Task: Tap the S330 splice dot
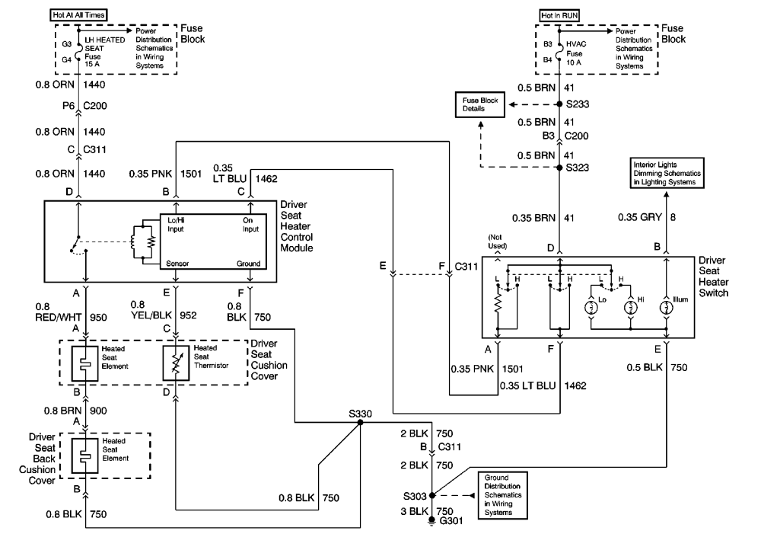(x=360, y=422)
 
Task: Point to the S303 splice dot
(x=432, y=495)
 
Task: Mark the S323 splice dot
(x=559, y=166)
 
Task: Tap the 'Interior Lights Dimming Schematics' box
(x=667, y=173)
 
